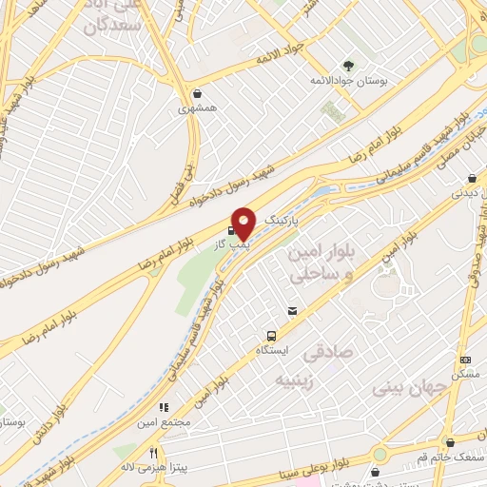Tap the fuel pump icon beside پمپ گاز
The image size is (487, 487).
[230, 229]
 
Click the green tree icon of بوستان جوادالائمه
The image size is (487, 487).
[347, 65]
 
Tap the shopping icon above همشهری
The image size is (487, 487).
[197, 93]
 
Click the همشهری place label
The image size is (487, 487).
[197, 108]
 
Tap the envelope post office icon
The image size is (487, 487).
[292, 311]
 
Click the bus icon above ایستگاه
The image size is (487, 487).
[271, 336]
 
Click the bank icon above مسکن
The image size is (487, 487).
[465, 360]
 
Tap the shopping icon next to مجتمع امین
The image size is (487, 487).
[174, 402]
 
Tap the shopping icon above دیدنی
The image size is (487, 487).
[473, 178]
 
